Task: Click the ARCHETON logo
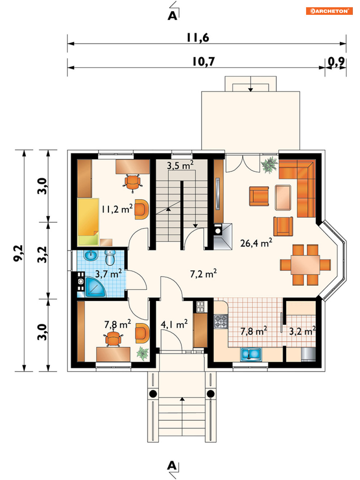point(329,11)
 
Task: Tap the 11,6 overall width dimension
point(198,38)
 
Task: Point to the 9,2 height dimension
point(18,253)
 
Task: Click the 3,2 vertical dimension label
point(42,255)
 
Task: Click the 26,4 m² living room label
point(256,243)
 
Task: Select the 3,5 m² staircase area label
point(180,165)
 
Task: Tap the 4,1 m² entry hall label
point(174,324)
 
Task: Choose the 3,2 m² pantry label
point(302,331)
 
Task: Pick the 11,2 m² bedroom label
point(117,209)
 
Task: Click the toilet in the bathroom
point(110,258)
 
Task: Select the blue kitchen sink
point(251,354)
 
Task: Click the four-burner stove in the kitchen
point(221,321)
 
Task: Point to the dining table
point(305,265)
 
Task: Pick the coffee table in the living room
point(283,198)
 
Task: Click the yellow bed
point(88,221)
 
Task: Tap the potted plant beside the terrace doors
point(270,165)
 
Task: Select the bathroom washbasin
point(90,255)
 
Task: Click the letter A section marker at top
point(172,16)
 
